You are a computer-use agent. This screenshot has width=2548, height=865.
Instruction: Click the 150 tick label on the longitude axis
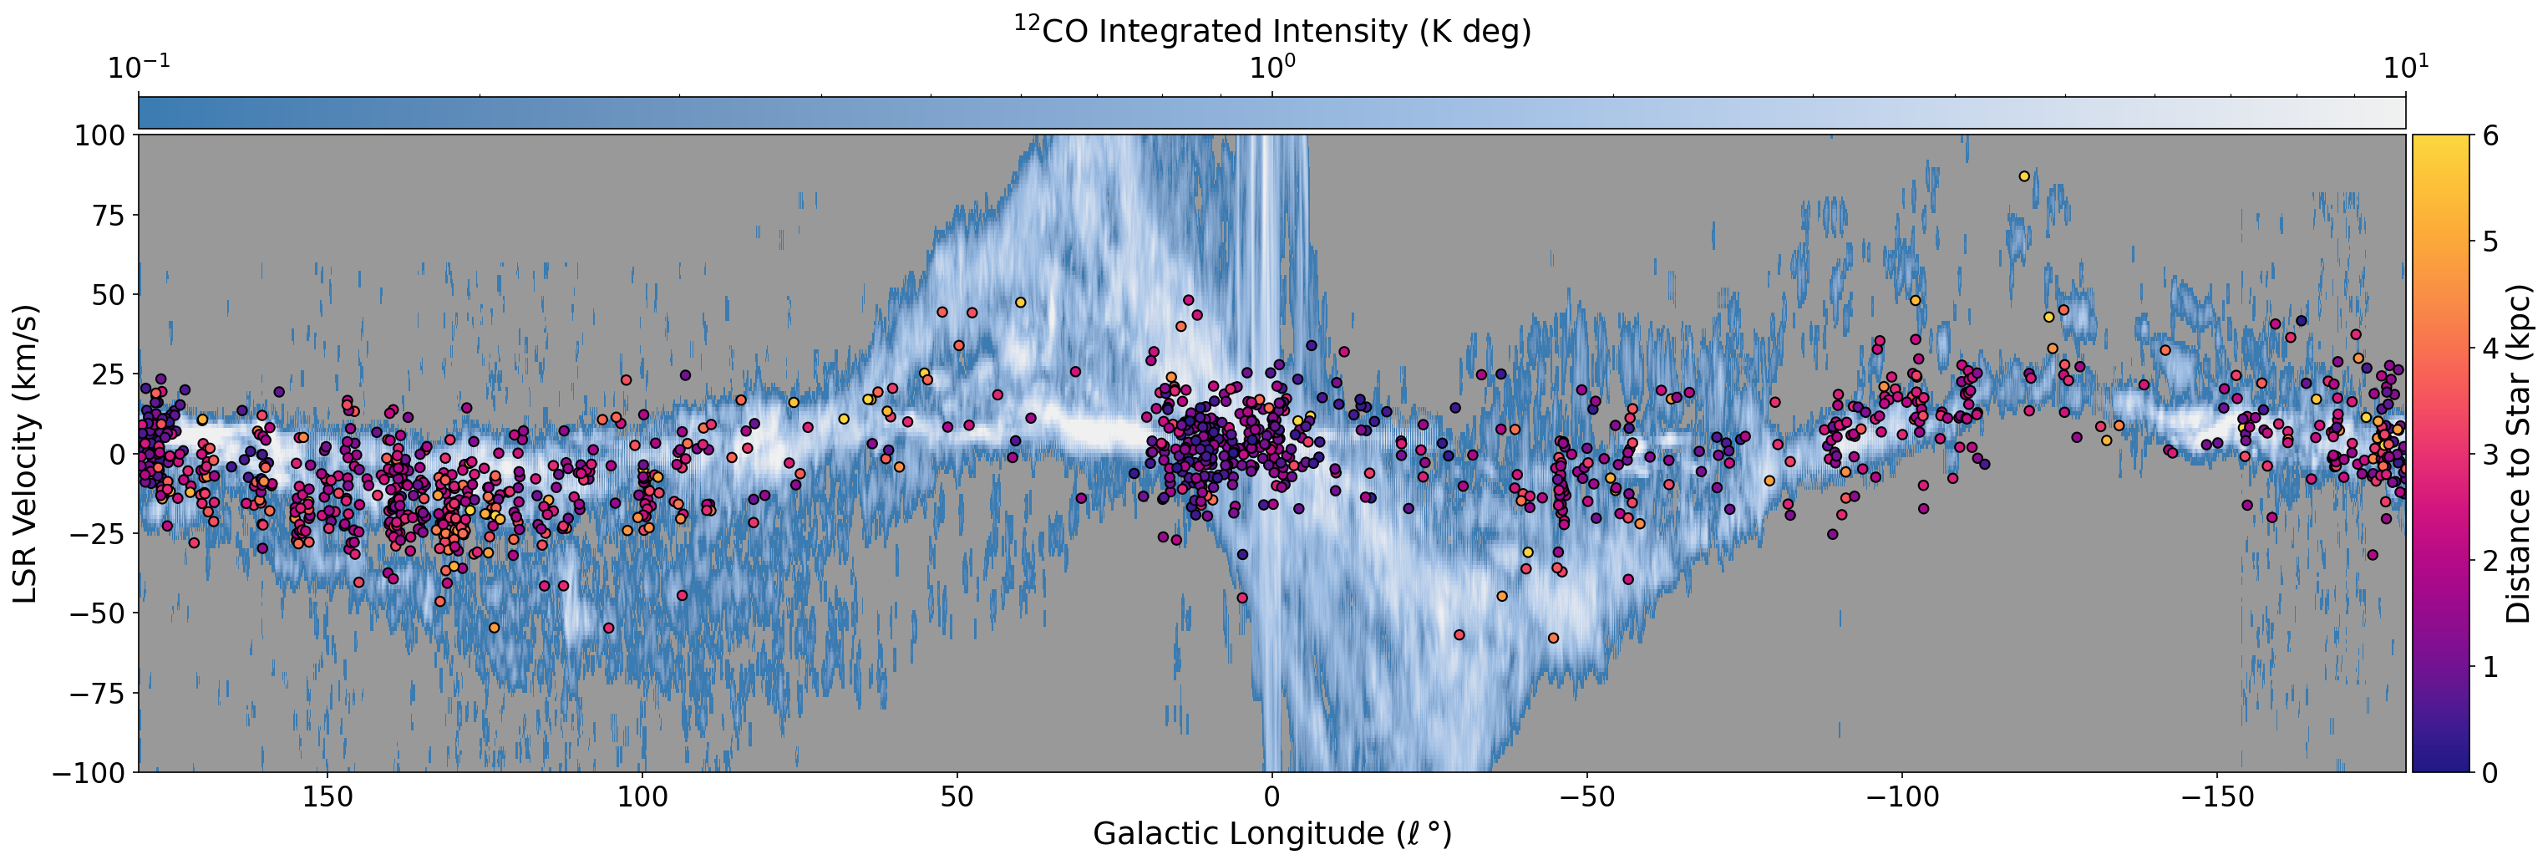pos(327,797)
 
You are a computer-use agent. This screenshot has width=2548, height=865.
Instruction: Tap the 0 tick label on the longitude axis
pos(1272,797)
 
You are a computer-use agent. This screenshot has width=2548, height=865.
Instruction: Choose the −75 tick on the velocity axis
pos(97,693)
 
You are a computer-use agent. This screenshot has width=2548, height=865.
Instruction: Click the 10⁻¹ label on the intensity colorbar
pos(139,68)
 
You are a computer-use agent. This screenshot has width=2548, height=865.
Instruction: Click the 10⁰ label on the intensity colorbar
pos(1272,68)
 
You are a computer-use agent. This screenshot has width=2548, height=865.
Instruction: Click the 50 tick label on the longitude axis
pos(957,797)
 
